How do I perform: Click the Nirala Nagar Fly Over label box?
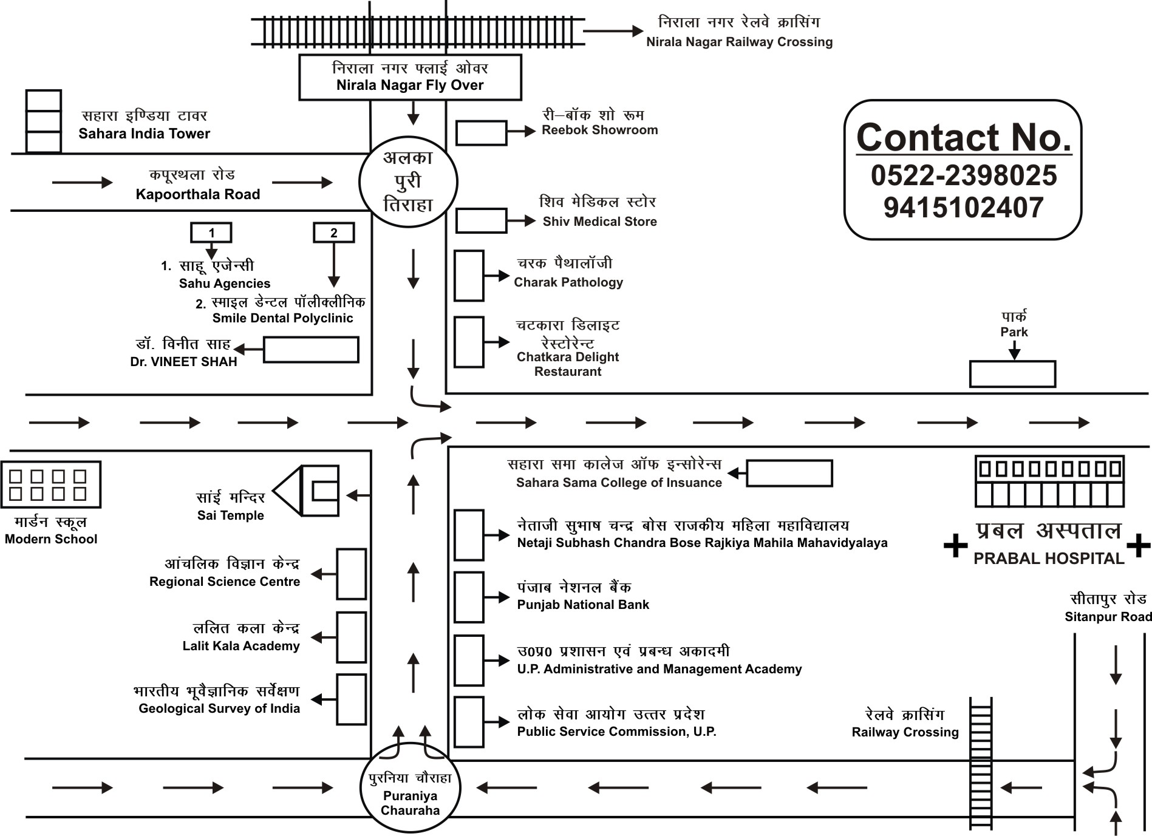410,77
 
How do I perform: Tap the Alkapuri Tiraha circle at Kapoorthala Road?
408,182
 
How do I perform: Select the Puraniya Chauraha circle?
411,787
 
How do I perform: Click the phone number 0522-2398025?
963,175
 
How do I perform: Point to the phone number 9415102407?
963,208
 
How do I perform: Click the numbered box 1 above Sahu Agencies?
211,233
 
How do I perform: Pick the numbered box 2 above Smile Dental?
333,233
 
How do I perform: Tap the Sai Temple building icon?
307,491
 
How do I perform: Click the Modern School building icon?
50,484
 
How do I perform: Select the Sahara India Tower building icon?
43,121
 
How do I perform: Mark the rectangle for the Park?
1012,374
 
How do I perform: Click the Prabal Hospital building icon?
1049,481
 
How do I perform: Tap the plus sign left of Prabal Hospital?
955,545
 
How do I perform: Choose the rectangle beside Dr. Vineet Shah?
311,350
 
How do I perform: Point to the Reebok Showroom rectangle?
481,133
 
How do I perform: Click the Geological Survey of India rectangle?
352,699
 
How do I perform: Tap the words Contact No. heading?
963,138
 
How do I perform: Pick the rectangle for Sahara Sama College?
789,473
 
